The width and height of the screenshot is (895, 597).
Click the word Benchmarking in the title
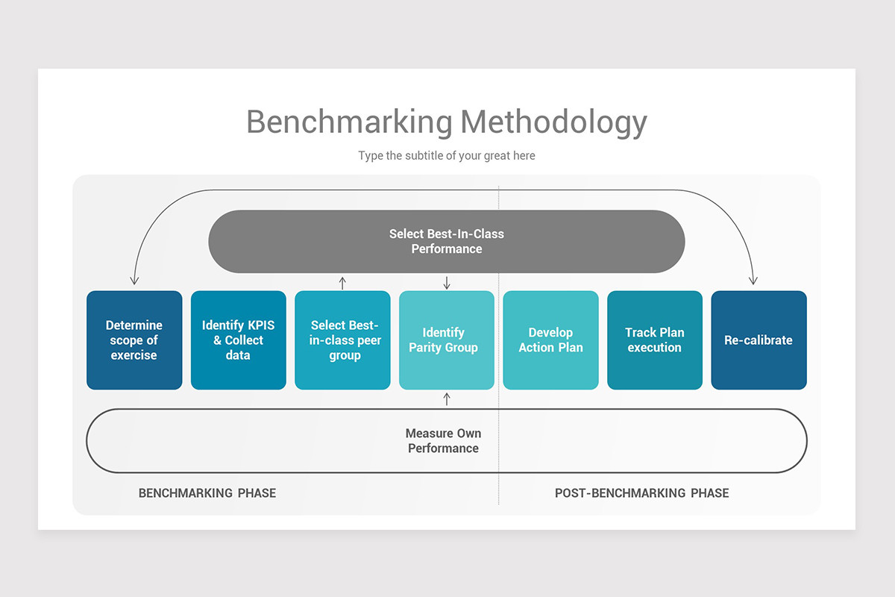[x=349, y=122]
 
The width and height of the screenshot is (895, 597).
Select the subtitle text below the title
[x=446, y=156]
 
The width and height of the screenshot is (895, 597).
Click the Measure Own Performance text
[x=443, y=440]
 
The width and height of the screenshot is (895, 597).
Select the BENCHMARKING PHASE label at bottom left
[x=207, y=493]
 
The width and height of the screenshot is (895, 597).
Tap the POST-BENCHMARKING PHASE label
[x=641, y=493]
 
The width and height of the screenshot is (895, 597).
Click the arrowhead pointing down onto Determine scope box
[x=134, y=281]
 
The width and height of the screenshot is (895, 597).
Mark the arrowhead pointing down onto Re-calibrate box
[x=753, y=281]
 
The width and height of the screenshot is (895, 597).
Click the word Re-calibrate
[x=759, y=340]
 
